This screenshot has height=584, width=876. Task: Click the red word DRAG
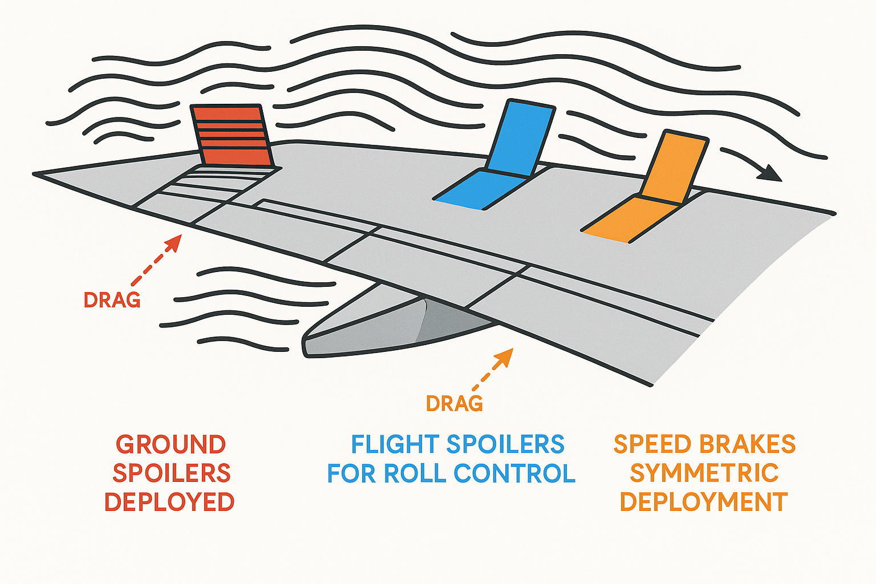click(112, 300)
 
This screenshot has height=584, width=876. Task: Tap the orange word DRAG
click(454, 404)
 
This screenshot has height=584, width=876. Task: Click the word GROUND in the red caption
click(171, 445)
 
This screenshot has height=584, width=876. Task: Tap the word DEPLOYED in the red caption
click(169, 502)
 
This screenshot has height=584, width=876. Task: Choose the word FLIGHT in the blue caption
click(394, 445)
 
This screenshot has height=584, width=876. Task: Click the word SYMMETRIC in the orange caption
click(704, 473)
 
